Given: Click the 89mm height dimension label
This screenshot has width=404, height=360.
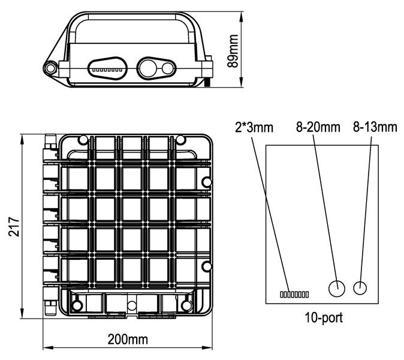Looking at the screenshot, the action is tap(233, 51).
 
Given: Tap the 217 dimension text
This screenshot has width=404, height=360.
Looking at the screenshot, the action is tap(14, 227).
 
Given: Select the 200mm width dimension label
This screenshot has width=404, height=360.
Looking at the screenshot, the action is tap(128, 340).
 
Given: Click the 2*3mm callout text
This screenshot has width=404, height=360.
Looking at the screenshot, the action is tap(254, 127).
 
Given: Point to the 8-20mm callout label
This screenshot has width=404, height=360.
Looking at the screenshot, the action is tap(318, 127).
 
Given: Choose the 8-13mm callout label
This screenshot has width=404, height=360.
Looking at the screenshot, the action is tap(375, 127).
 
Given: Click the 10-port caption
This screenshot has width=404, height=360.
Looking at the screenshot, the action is tap(324, 318).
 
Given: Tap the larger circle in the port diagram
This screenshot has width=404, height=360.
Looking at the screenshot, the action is tap(337, 289).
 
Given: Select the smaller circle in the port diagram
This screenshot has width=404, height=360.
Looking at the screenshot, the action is tap(360, 288).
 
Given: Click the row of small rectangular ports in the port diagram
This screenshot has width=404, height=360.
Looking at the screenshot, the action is tap(294, 294).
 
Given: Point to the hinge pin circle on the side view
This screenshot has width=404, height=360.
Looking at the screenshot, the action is tap(50, 68).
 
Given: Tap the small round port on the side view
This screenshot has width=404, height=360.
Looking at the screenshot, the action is tap(167, 68).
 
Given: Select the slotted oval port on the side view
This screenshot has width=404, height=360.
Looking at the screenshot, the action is tap(107, 68).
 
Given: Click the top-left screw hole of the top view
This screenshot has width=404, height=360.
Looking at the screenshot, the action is tap(83, 140).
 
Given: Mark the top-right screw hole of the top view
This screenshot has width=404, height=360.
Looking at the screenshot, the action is tap(180, 140).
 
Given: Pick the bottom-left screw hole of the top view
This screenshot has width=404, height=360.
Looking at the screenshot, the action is tap(76, 305).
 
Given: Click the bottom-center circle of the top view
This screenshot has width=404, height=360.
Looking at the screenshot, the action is tap(132, 305).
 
